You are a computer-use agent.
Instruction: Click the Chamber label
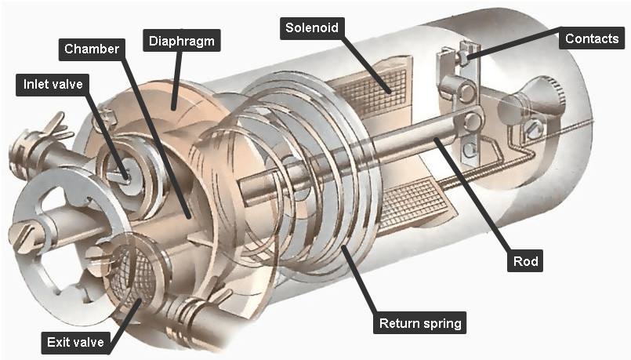[92, 49]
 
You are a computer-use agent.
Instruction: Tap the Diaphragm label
[180, 38]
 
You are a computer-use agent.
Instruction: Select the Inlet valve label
[53, 83]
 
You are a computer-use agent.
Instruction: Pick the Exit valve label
[74, 342]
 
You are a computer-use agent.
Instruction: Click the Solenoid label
[311, 28]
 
